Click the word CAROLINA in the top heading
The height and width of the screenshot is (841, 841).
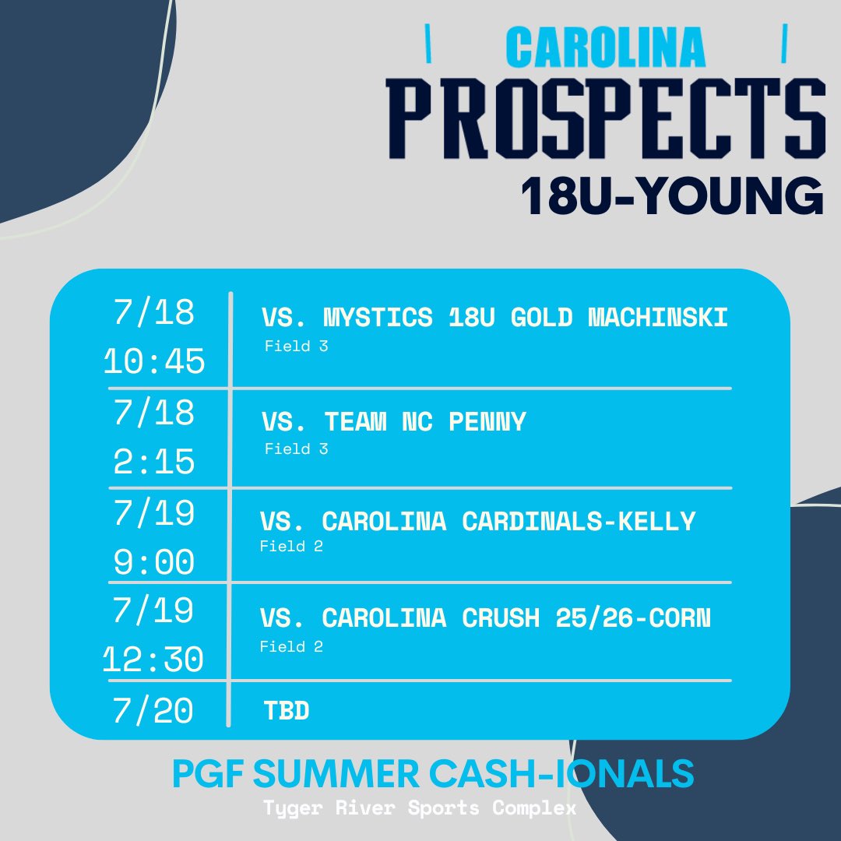(x=606, y=48)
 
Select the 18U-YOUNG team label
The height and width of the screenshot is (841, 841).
(x=672, y=196)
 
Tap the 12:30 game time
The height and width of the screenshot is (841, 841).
(x=154, y=661)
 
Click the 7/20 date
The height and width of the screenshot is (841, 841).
(x=154, y=711)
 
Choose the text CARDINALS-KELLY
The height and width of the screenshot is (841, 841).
(x=579, y=521)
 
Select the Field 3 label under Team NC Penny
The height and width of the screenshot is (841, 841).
(x=296, y=449)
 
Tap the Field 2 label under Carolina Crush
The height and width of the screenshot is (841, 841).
(x=291, y=647)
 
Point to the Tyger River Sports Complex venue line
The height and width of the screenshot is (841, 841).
(x=420, y=808)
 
